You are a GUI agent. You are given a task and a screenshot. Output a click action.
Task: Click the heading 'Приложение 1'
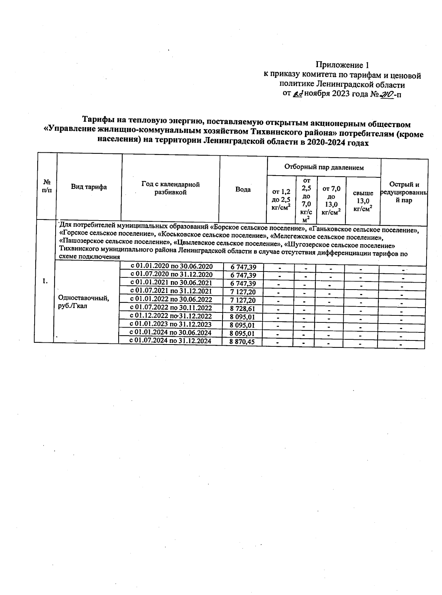click(x=342, y=65)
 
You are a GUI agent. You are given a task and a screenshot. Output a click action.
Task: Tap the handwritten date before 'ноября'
click(x=298, y=94)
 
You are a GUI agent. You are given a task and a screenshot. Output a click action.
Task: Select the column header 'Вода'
click(x=243, y=189)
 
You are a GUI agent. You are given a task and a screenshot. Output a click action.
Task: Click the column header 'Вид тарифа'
click(x=89, y=187)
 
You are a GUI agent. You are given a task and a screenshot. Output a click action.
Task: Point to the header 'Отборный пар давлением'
click(x=324, y=167)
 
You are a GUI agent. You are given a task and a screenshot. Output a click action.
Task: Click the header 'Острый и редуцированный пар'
click(x=404, y=192)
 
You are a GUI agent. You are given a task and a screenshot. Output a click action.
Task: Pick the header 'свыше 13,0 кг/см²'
click(x=363, y=201)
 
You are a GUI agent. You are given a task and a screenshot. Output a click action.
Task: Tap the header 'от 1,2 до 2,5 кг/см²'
click(x=281, y=200)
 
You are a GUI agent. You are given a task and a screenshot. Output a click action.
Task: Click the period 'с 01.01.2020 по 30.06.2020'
click(x=172, y=266)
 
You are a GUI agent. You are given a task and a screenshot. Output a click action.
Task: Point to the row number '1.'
click(x=45, y=281)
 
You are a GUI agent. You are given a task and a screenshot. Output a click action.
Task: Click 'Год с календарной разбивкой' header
click(x=171, y=188)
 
